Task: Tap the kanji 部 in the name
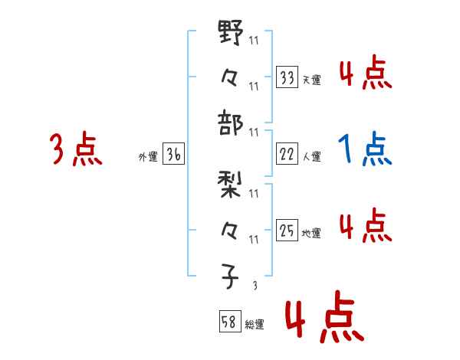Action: pos(231,120)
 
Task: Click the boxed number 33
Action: pos(287,78)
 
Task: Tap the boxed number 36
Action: pos(173,155)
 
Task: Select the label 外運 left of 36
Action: pos(148,157)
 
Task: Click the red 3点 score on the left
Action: pos(77,149)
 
